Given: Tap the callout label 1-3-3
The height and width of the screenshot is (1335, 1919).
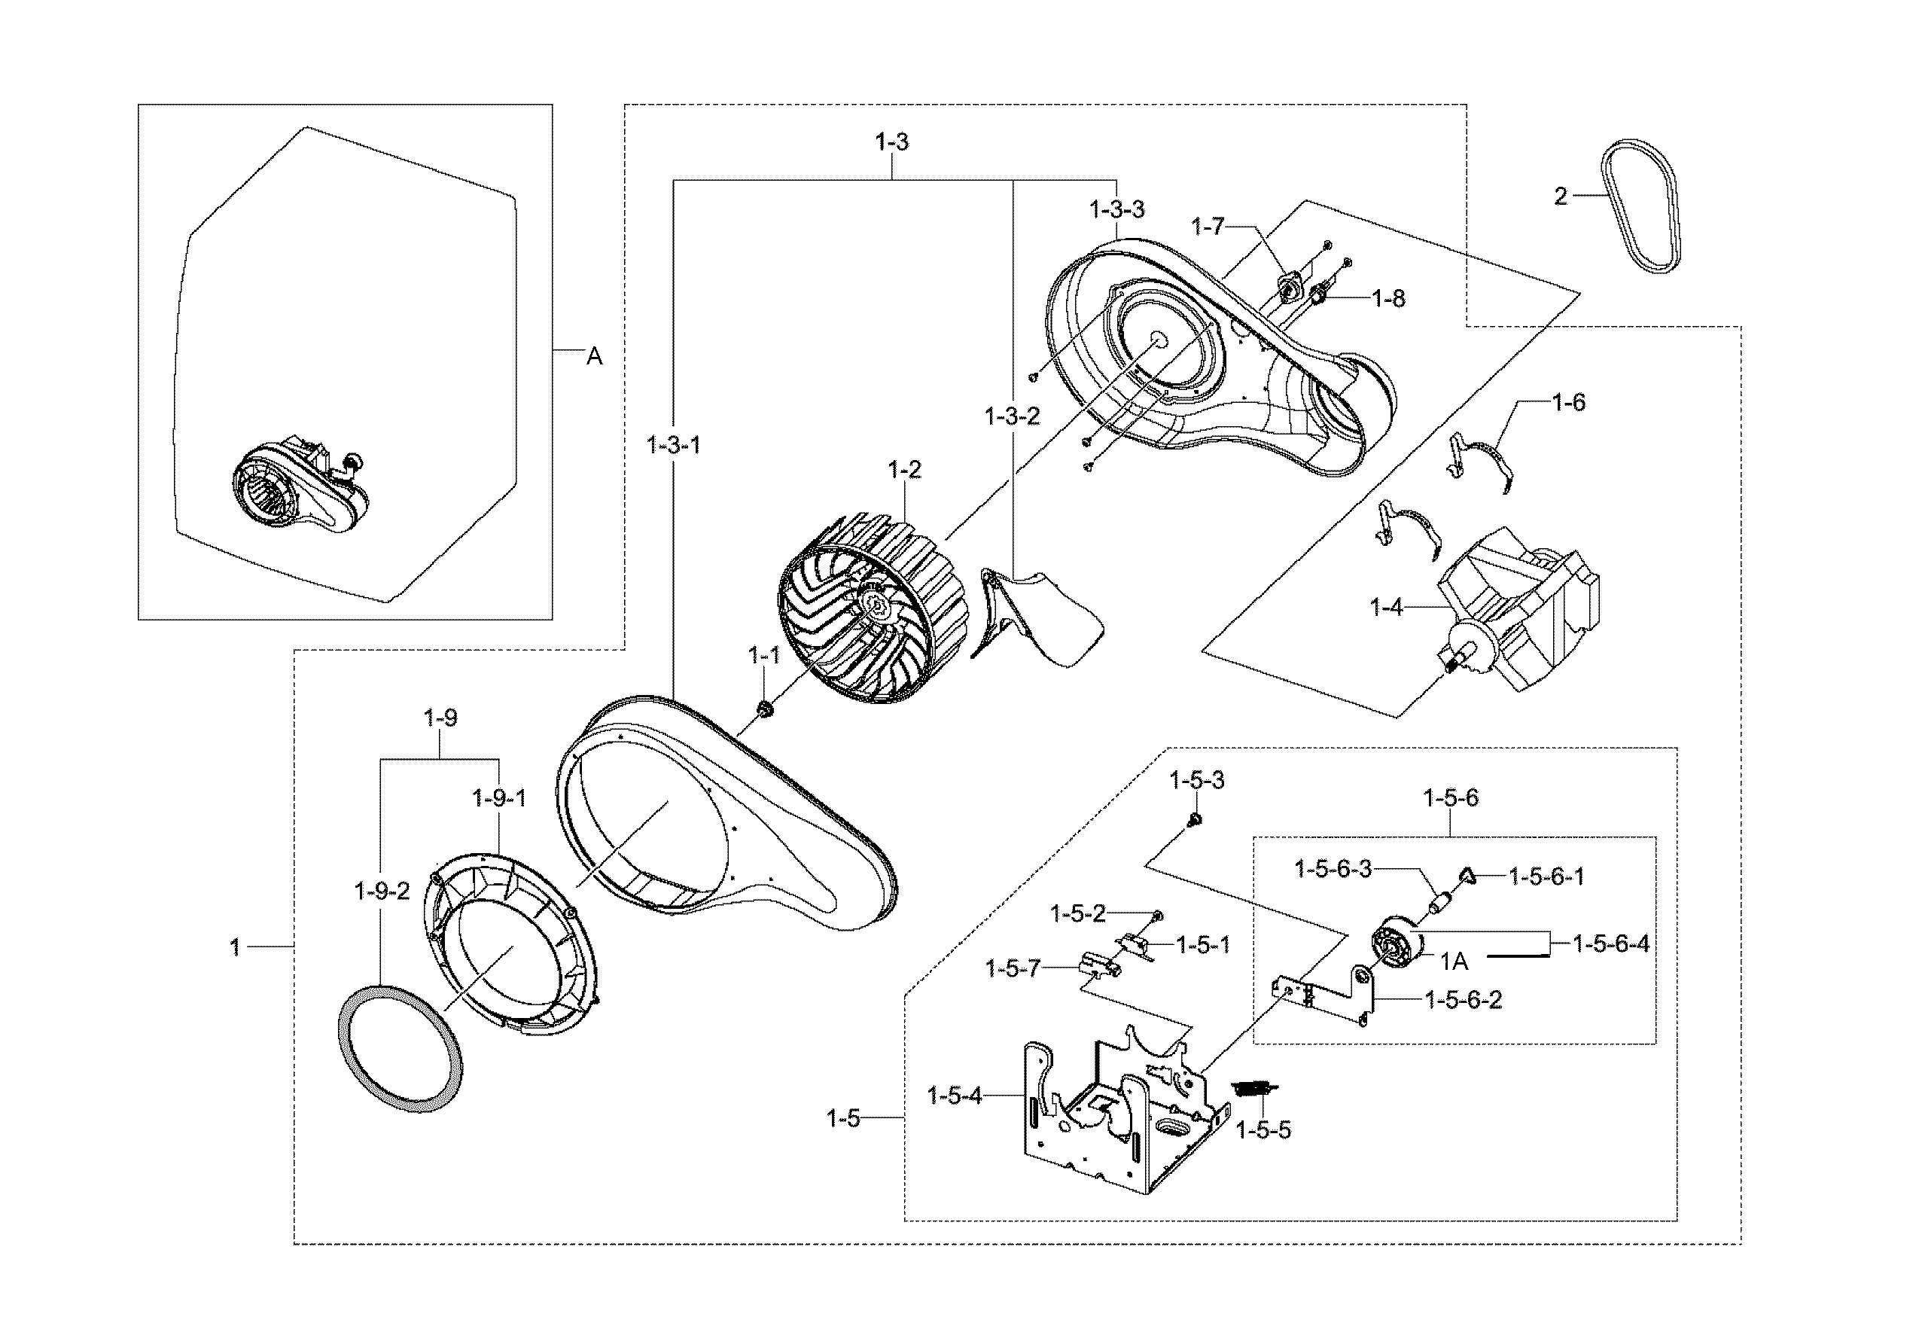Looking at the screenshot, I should (x=1116, y=210).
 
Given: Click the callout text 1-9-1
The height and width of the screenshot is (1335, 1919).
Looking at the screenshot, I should (x=500, y=799).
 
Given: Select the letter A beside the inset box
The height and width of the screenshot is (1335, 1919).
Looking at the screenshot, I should (x=593, y=357).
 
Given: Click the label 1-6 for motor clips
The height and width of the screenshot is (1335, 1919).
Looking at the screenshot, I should (x=1568, y=403).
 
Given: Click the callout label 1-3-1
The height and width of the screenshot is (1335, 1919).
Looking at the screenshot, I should (x=674, y=446).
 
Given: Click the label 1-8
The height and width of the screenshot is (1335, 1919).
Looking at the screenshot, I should (x=1389, y=298).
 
